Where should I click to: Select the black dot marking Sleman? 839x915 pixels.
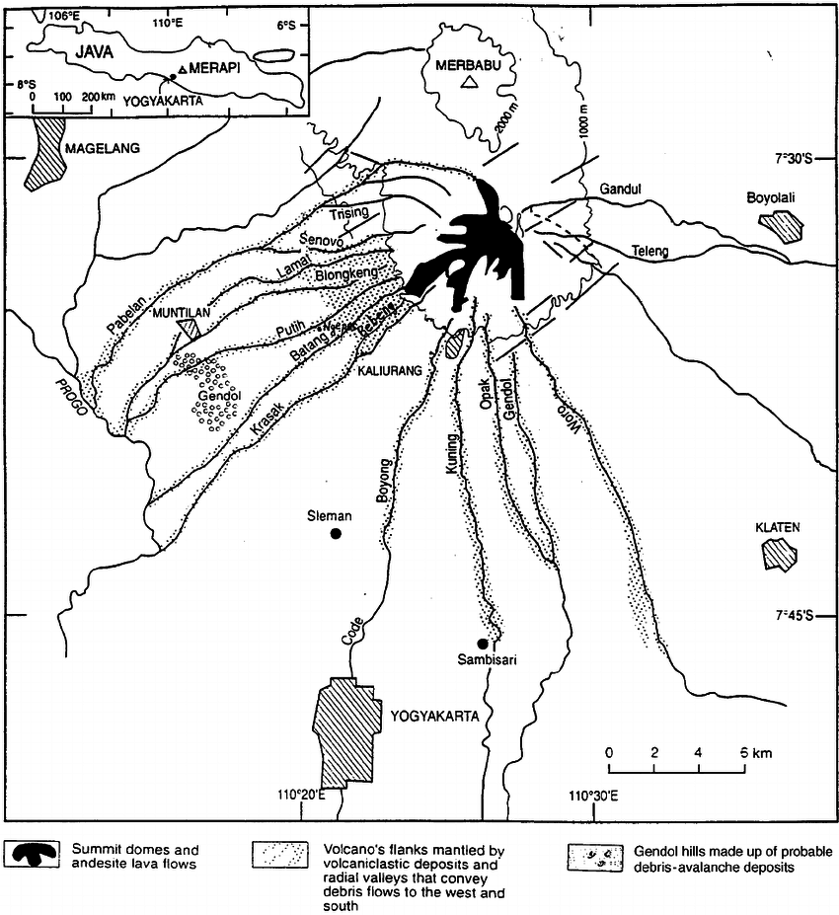(336, 534)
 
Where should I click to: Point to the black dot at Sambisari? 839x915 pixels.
(482, 643)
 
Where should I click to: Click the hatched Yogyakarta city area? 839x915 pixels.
(344, 729)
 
